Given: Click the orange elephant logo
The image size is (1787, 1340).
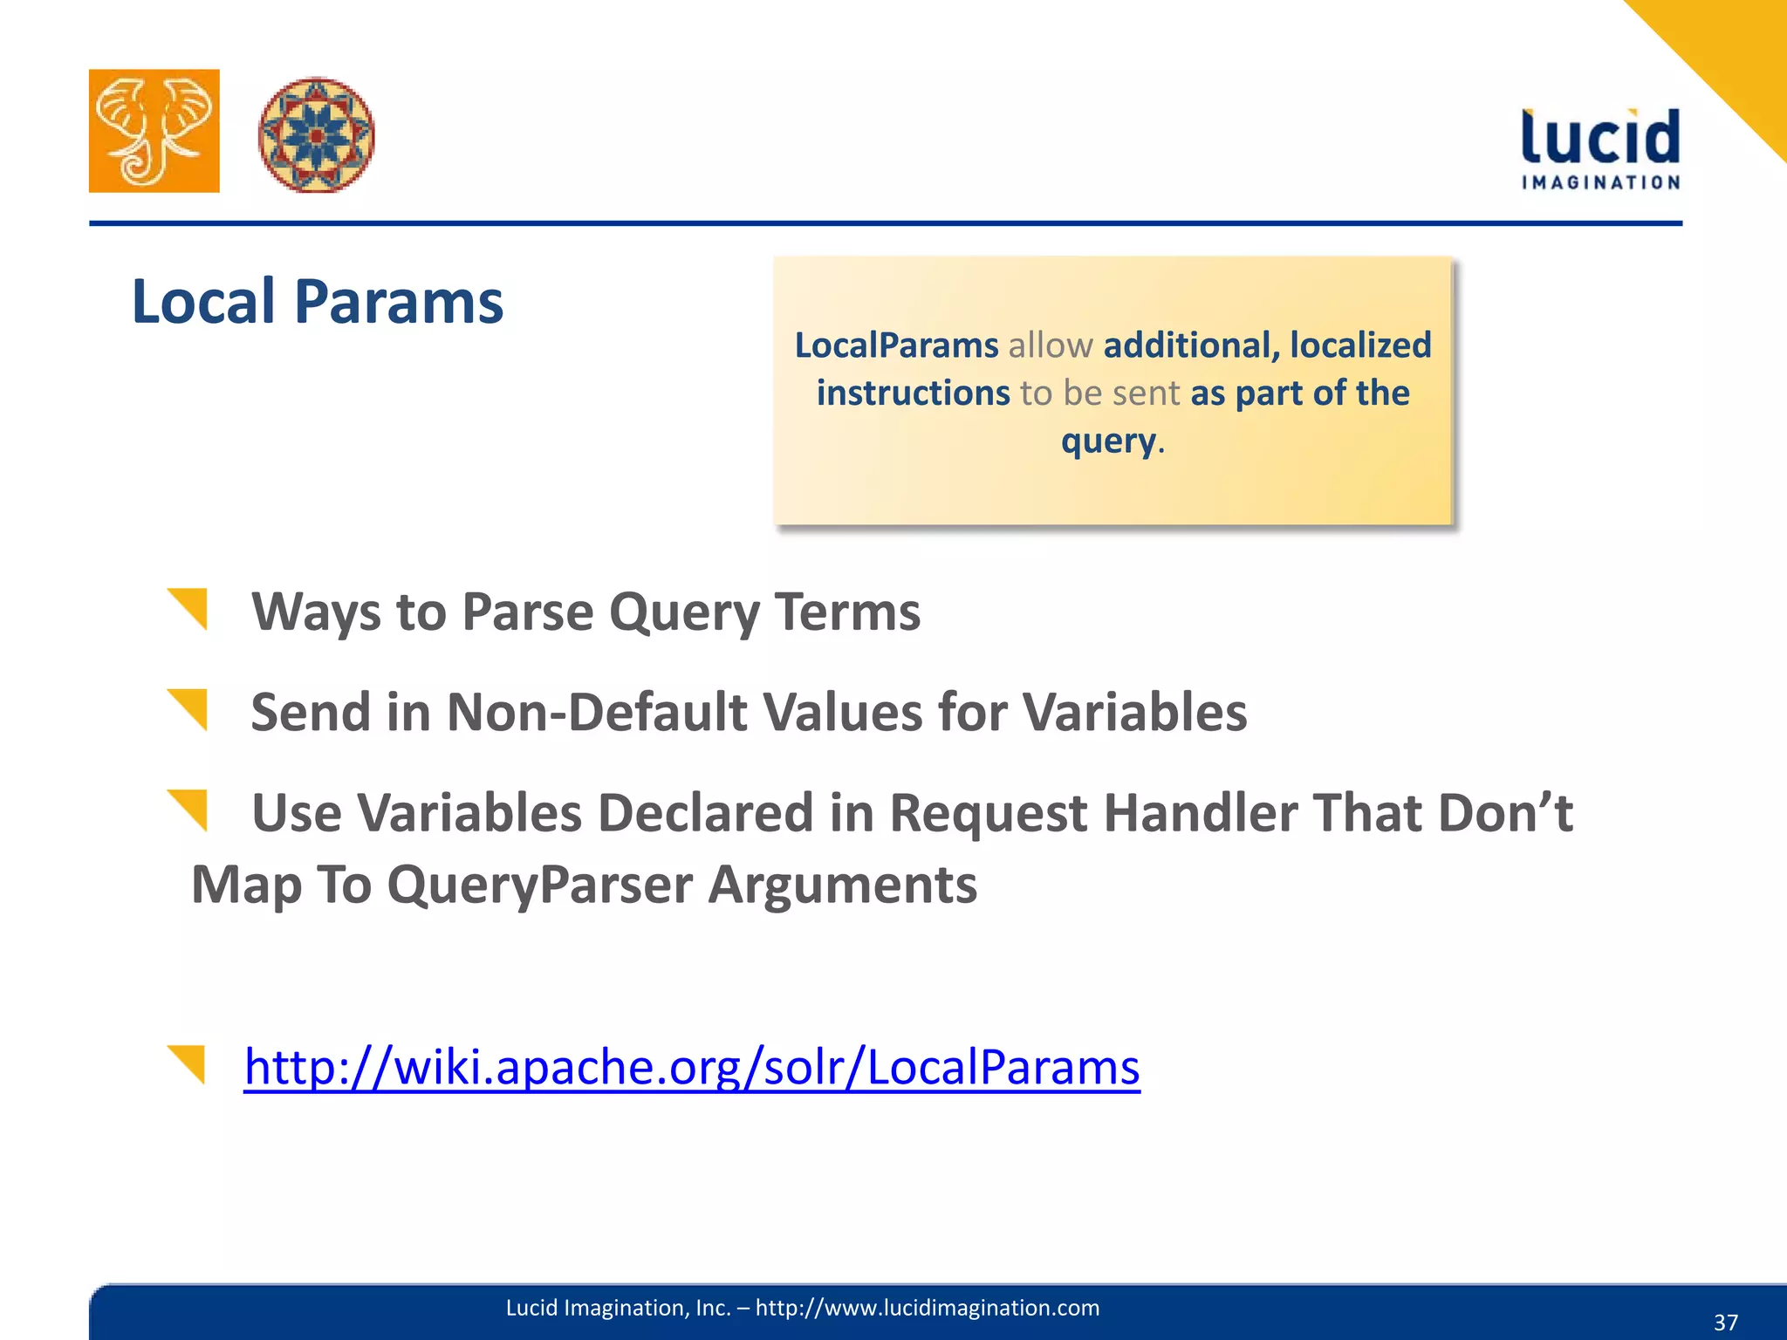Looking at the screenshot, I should coord(154,131).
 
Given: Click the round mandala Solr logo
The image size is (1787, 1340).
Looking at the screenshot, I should coord(316,134).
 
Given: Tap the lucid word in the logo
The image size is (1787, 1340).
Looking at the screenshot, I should coord(1600,138).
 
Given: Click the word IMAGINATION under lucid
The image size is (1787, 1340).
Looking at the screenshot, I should coord(1600,182).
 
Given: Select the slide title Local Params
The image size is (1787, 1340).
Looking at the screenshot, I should coord(318,302).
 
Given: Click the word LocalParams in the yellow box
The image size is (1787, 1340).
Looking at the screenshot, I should coord(896,345).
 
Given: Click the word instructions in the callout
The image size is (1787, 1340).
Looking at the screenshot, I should coord(913,393).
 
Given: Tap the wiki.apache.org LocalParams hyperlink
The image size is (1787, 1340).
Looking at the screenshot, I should coord(692,1066).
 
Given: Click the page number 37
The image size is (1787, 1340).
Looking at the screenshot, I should coord(1725,1323).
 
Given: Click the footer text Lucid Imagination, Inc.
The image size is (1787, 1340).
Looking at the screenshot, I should coord(618,1308).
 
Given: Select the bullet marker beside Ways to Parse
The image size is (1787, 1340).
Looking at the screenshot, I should coord(189,608).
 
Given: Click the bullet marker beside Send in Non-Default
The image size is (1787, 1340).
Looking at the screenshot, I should coord(189,708).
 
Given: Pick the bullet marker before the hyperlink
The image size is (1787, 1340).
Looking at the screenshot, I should coord(187,1063).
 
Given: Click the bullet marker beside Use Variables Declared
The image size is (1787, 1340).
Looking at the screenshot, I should coord(189,809).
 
